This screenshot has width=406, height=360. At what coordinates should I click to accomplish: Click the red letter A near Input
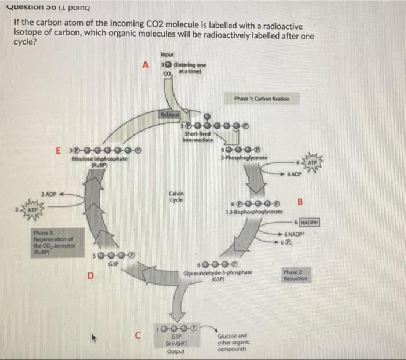pyautogui.click(x=147, y=65)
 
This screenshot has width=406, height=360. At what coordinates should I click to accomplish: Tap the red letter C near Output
pyautogui.click(x=137, y=334)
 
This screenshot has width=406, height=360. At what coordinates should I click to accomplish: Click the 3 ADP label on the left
pyautogui.click(x=48, y=193)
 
